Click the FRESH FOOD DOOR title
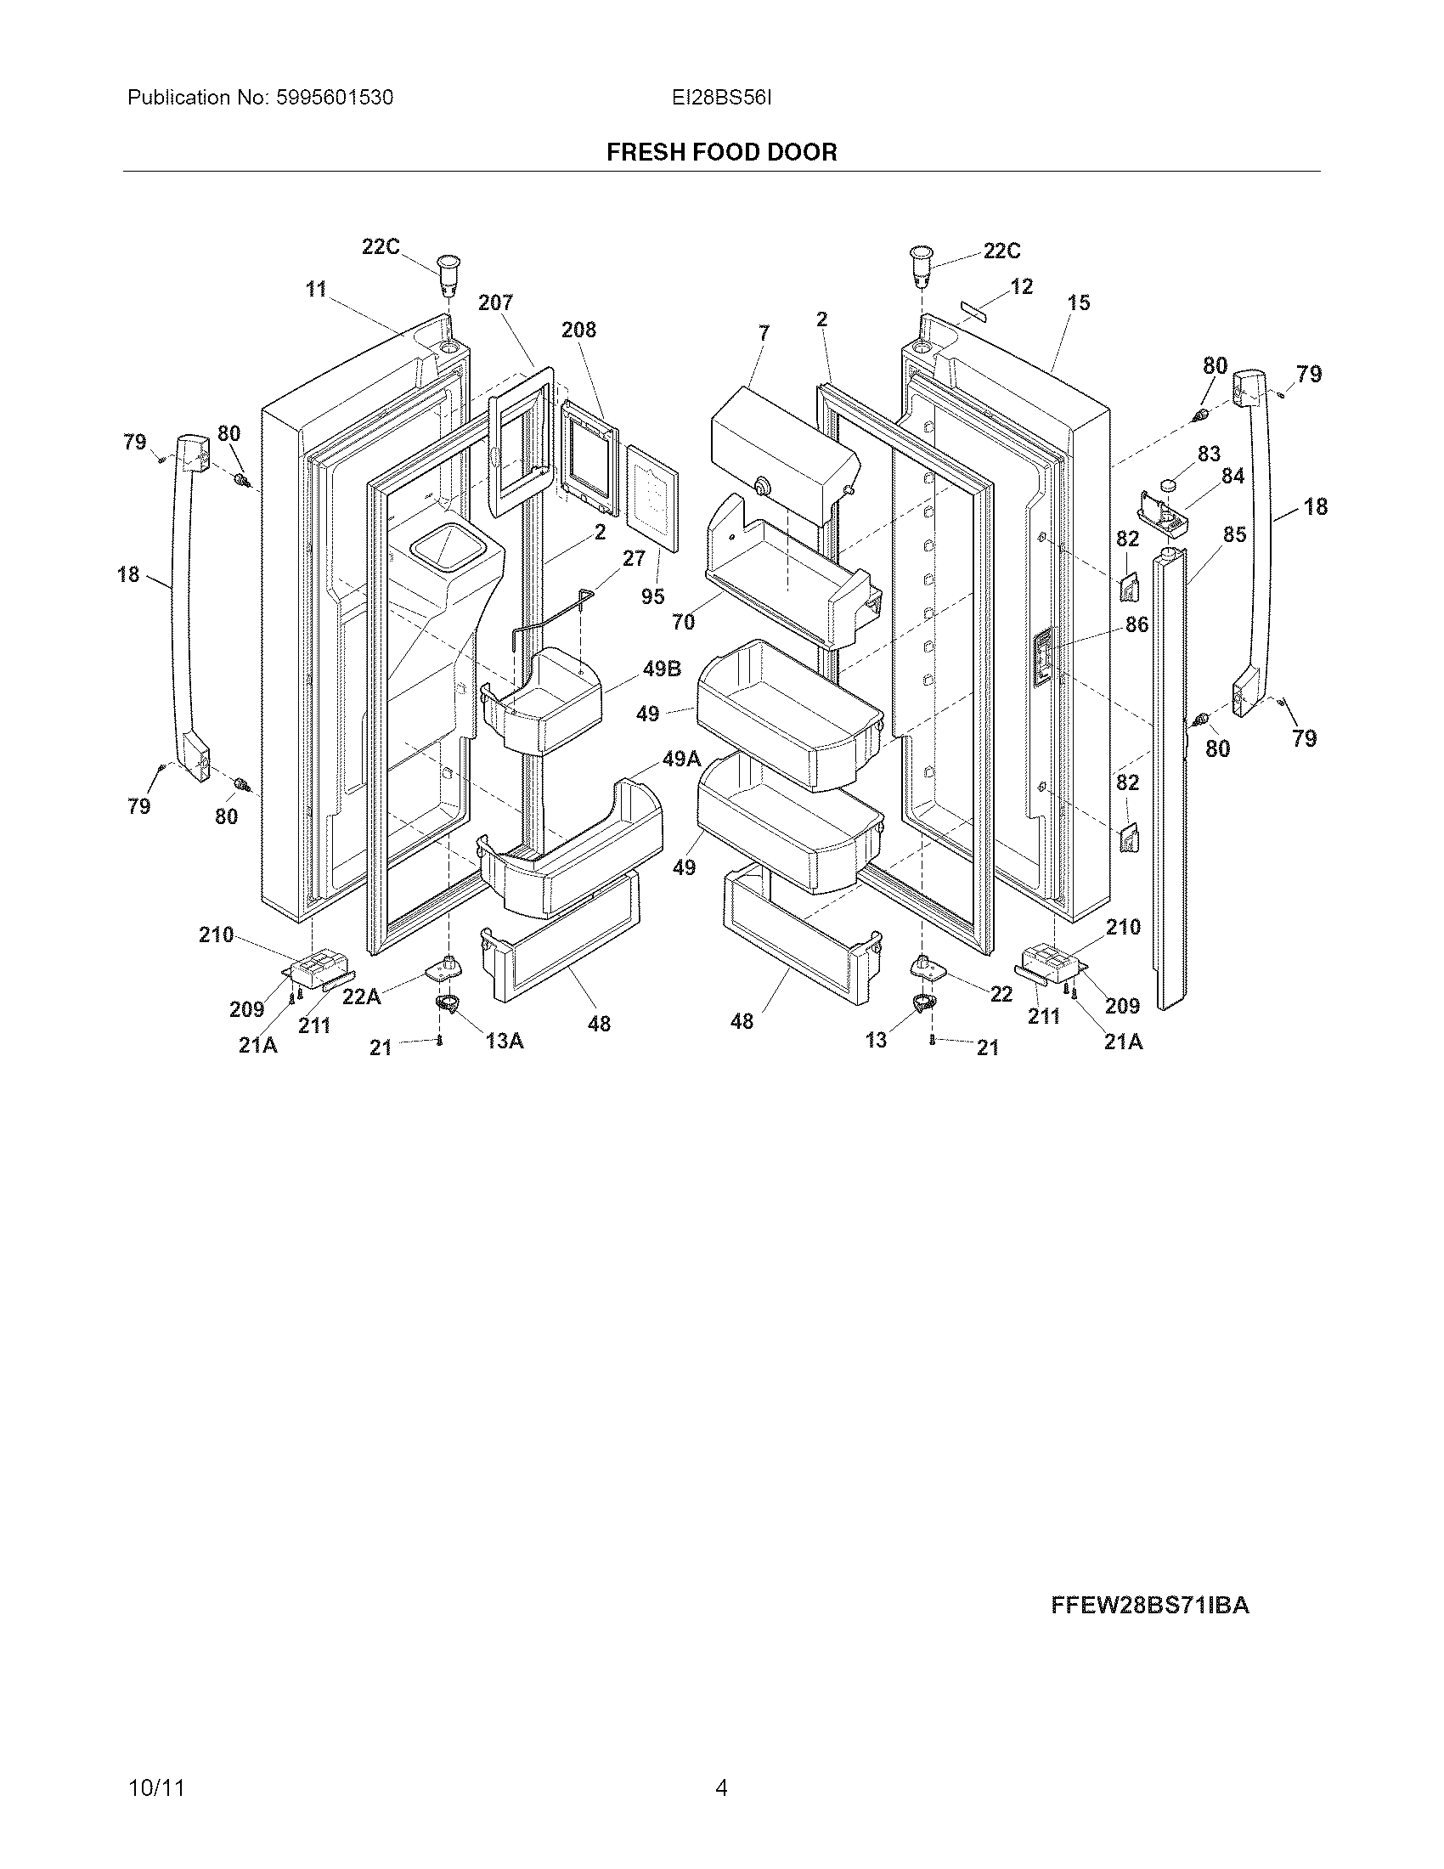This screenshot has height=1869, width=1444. coord(721,152)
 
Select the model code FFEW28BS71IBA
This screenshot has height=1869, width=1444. coord(1150,1606)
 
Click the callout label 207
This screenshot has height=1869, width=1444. coord(495,302)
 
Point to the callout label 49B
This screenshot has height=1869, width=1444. coord(661,669)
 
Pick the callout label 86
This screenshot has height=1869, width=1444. coord(1136,624)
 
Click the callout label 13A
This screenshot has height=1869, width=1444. coord(505,1041)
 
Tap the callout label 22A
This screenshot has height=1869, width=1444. coord(361,997)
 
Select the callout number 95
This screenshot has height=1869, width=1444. coord(652,596)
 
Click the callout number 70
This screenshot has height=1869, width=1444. coord(684,622)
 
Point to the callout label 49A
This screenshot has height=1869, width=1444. coord(681,758)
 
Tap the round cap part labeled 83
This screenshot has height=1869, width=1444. coord(1170,486)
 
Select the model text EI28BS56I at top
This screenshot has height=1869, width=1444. coord(721,98)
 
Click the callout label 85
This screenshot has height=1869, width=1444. coord(1233,534)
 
